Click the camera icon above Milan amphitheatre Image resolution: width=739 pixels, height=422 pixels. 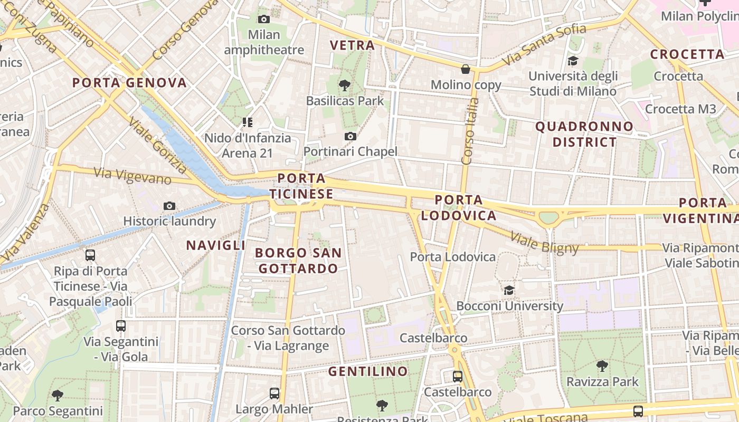click(263, 20)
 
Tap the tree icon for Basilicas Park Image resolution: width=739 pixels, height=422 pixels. click(345, 84)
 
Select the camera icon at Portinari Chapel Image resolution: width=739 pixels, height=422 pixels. click(350, 137)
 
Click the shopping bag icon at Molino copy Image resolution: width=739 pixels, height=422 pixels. click(466, 69)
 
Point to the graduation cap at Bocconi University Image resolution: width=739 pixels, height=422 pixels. click(509, 290)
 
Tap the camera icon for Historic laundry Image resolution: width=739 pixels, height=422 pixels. click(169, 206)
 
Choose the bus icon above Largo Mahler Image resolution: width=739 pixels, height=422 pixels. click(274, 393)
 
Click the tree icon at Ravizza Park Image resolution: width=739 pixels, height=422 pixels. click(602, 366)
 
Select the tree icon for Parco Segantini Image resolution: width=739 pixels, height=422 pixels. click(58, 395)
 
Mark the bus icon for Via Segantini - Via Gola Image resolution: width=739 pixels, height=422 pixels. click(121, 326)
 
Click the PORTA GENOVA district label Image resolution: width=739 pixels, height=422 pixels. click(129, 83)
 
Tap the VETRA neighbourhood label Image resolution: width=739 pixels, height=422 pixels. click(352, 45)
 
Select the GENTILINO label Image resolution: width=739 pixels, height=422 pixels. click(368, 371)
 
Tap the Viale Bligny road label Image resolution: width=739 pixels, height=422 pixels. click(545, 241)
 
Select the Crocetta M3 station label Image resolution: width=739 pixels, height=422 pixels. click(680, 109)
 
